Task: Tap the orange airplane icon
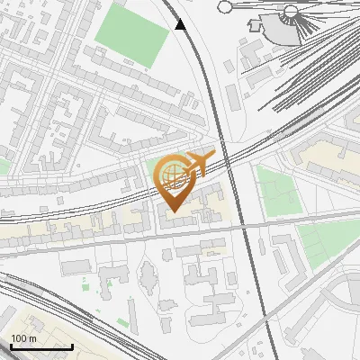196,163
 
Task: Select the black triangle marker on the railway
181,24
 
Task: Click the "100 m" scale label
23,338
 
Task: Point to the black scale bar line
41,346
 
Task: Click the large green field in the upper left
132,35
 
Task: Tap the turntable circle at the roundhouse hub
290,12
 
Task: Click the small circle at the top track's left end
225,7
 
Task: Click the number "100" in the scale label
19,338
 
